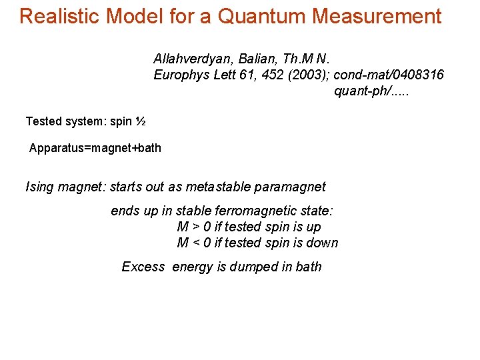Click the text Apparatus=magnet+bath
pyautogui.click(x=95, y=148)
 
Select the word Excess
pyautogui.click(x=143, y=267)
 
